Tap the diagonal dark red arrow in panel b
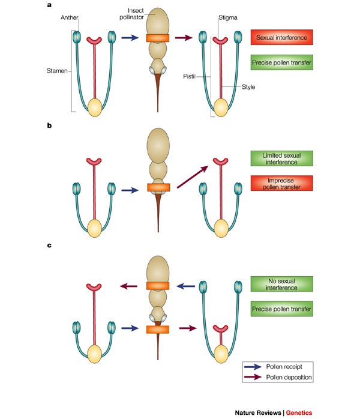coord(193,176)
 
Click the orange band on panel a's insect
coord(159,38)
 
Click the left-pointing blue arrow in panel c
coord(186,286)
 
